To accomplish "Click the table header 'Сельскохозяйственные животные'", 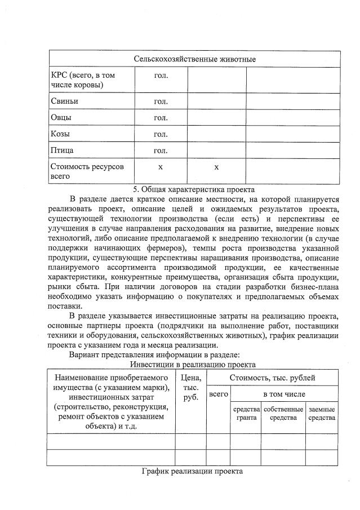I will tap(194, 59).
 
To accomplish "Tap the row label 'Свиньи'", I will tap(64, 101).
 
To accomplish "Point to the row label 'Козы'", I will tap(62, 134).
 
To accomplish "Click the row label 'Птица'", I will tap(63, 150).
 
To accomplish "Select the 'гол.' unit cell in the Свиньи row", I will tap(161, 101).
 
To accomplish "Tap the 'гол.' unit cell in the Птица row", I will tap(161, 150).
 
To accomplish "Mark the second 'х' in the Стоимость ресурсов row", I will tap(216, 167).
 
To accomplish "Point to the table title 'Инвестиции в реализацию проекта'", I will tap(193, 365).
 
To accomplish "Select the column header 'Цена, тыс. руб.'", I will tap(190, 387).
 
